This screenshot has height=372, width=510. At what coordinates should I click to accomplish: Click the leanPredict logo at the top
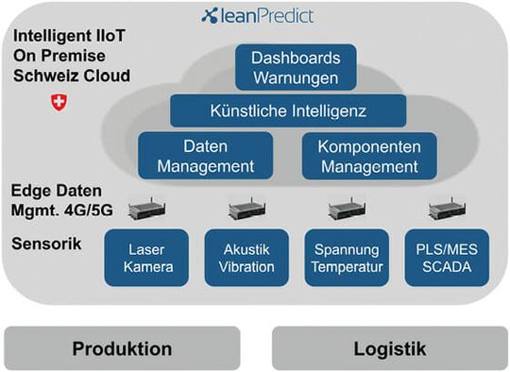pos(257,16)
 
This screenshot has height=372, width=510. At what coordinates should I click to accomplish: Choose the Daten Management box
pos(205,156)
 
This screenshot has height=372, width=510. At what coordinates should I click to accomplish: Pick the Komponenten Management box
pos(368,156)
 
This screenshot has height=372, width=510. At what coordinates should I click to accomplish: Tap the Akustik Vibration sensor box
pos(246,258)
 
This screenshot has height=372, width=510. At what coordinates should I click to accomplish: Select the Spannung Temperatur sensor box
pos(345,258)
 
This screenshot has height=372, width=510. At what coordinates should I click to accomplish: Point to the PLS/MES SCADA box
pos(444,258)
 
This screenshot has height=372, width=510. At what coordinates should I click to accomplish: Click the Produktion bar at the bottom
pos(122,348)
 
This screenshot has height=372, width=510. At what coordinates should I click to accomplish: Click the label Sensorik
pos(46,245)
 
